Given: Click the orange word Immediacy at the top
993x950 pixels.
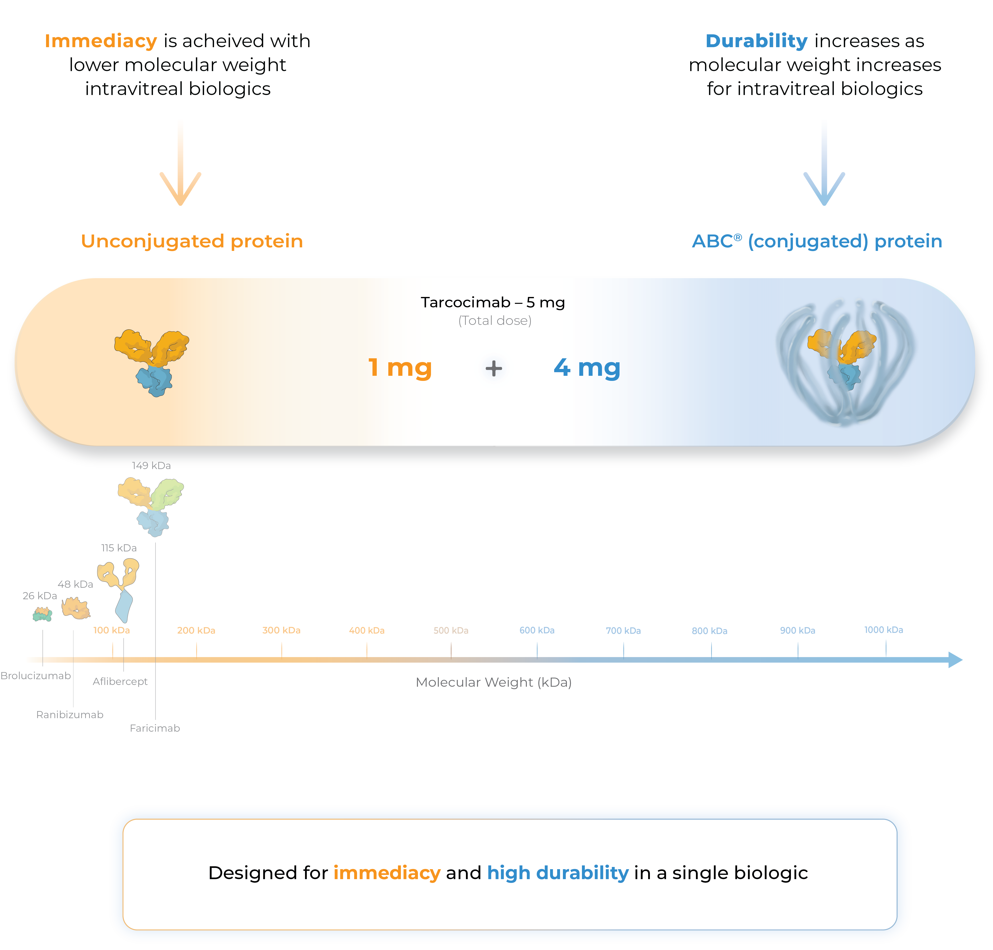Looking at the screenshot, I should [101, 41].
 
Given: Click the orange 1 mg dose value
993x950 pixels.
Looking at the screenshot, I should [400, 368].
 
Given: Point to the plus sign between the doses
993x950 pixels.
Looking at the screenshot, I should [493, 368].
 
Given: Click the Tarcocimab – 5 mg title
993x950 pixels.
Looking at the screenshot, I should [493, 302].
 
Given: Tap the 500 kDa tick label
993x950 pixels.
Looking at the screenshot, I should [450, 630].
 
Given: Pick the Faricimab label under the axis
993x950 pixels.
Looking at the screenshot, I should [155, 728].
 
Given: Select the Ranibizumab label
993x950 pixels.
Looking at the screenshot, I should [70, 715].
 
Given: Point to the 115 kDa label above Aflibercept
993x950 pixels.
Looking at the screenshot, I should [119, 548].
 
